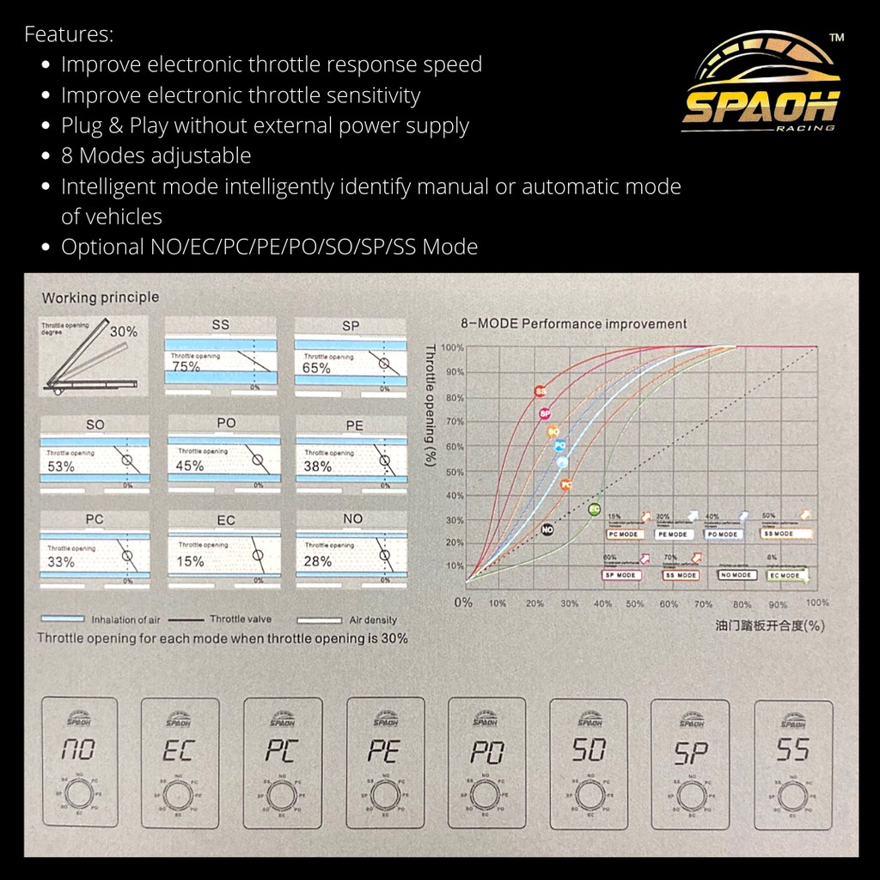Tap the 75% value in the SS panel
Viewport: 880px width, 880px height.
point(185,367)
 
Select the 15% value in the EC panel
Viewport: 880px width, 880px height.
point(191,561)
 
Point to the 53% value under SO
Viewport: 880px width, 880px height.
point(60,467)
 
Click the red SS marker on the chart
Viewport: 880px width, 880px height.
point(541,391)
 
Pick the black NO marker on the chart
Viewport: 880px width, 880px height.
point(547,530)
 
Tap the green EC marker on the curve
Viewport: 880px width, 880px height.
point(594,509)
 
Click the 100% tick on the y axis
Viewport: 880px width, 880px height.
point(453,347)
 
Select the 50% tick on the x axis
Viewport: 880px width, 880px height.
point(635,604)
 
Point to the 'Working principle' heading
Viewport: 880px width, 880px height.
point(101,297)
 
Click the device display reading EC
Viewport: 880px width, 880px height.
point(180,750)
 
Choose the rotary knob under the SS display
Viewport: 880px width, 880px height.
point(793,797)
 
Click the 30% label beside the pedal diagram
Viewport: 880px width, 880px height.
point(123,331)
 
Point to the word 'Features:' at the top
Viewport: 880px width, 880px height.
point(69,35)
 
